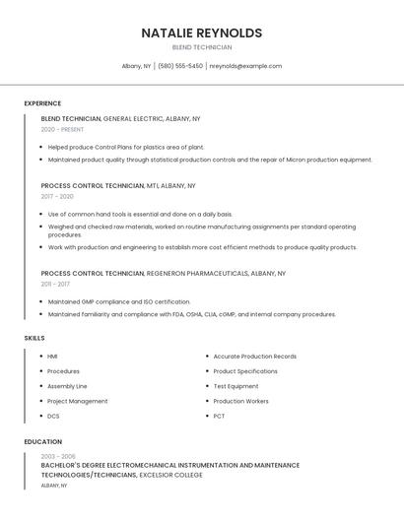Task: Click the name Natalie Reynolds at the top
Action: point(201,33)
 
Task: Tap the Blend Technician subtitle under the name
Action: point(201,47)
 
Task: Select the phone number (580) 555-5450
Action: point(180,66)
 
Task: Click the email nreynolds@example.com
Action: point(245,66)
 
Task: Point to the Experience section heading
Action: point(42,103)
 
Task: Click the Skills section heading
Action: point(34,338)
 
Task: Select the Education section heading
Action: point(43,442)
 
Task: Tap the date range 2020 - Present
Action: point(62,129)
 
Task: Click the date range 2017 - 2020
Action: point(58,196)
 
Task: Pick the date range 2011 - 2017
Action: point(57,284)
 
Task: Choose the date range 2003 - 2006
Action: point(59,456)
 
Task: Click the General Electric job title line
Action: point(120,118)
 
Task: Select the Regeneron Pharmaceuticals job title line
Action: point(163,273)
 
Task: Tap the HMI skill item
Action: point(52,357)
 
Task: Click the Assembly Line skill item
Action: point(67,386)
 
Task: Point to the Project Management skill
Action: point(77,401)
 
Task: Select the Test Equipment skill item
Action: point(236,386)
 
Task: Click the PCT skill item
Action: point(219,416)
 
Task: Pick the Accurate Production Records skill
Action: point(254,357)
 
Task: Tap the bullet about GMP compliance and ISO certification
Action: point(119,301)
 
